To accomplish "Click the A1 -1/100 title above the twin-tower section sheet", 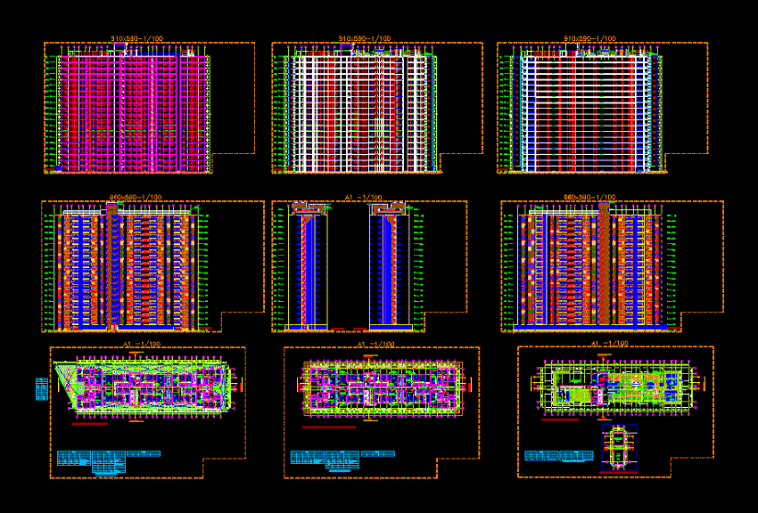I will (x=363, y=197).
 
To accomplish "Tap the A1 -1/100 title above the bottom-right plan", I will (x=607, y=343).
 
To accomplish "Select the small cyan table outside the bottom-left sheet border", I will (x=41, y=390).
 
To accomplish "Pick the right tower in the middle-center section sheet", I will (x=391, y=267).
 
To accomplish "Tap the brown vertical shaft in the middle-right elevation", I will (x=605, y=263).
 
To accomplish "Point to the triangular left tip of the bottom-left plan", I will (x=60, y=368).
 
